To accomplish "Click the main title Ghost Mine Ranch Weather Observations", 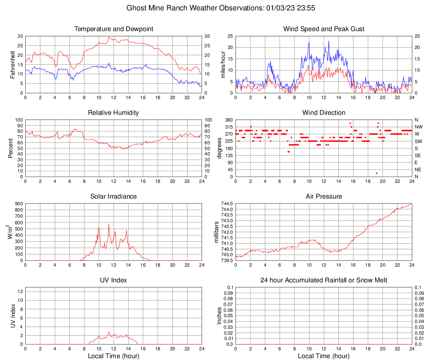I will point(213,8).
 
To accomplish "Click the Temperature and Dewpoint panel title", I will point(113,29).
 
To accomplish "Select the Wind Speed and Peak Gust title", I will point(324,29).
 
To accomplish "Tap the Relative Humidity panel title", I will point(113,113).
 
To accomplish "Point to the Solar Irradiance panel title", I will point(113,197).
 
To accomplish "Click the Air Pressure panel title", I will point(324,197).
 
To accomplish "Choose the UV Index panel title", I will point(113,280).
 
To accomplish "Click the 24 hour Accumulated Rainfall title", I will point(324,280).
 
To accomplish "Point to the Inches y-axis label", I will point(219,316).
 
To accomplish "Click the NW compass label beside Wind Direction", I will point(419,127).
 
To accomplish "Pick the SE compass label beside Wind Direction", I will point(418,155).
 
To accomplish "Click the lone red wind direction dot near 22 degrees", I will point(376,173).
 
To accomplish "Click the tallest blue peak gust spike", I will point(329,41).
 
